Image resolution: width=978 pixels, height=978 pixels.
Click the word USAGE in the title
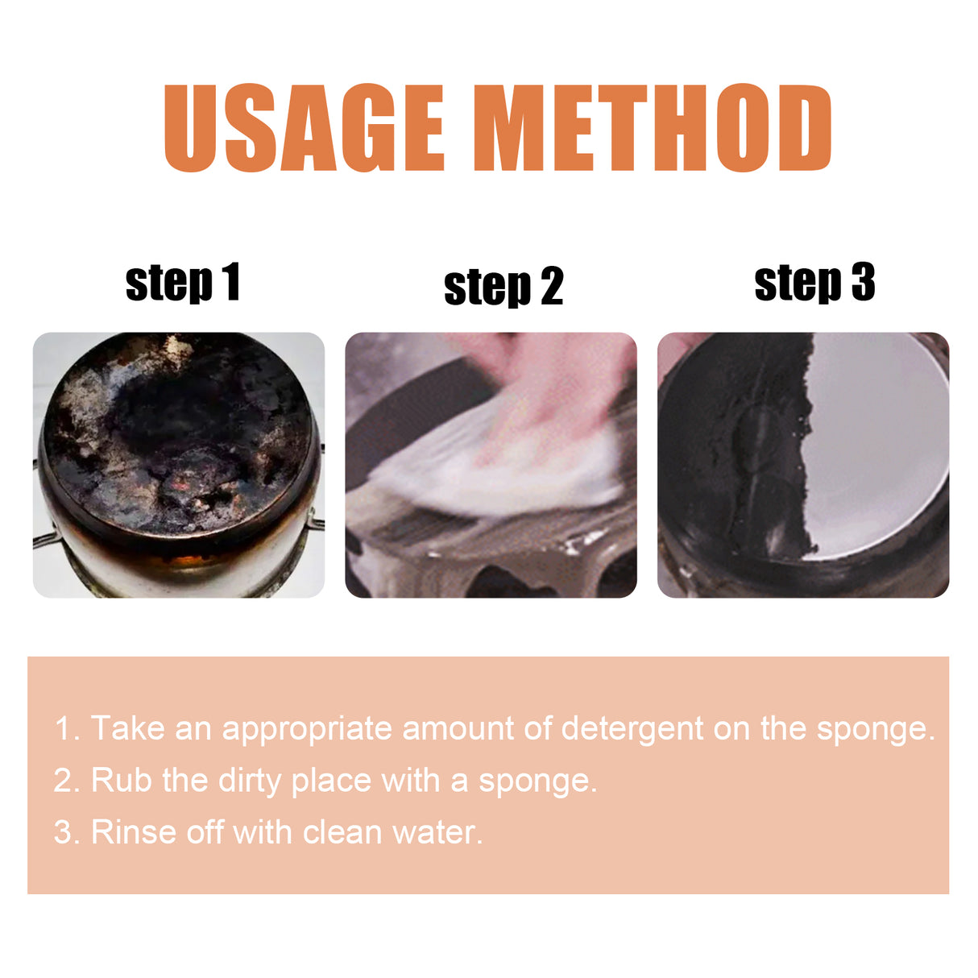tap(304, 129)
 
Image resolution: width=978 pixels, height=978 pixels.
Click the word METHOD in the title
tap(652, 129)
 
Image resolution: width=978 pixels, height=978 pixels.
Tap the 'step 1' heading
tap(183, 283)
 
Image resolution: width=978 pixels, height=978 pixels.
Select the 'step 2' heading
tap(503, 287)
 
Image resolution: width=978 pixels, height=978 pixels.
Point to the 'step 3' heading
tap(814, 283)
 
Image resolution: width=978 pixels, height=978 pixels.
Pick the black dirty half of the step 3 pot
tap(733, 451)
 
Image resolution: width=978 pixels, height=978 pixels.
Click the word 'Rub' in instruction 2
tap(121, 780)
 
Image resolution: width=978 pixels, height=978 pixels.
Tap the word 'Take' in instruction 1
tap(128, 728)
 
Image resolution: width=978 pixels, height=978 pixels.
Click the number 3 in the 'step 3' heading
tap(862, 283)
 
